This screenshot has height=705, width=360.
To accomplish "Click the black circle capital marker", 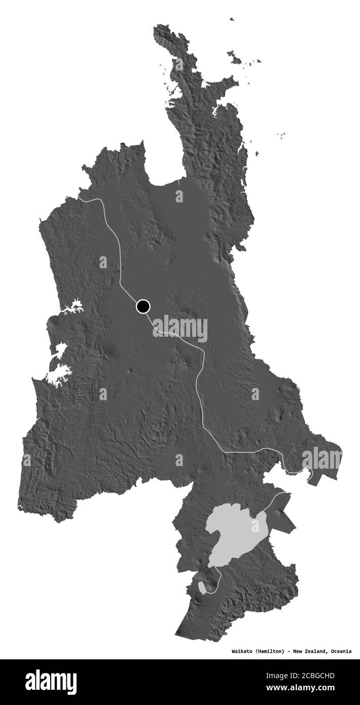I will coord(143,306).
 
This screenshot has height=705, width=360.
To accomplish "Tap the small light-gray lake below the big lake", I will coord(202,587).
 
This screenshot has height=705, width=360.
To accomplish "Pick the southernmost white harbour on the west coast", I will coord(59,375).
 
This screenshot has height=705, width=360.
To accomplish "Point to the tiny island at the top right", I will coord(232,19).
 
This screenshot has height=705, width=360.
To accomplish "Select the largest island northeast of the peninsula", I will coord(234,58).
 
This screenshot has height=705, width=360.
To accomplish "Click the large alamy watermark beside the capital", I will coord(180,329).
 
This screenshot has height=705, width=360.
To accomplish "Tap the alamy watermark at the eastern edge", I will coord(322,459).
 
